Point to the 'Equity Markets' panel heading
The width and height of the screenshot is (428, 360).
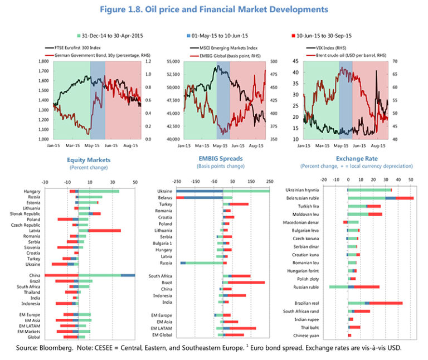point(89,160)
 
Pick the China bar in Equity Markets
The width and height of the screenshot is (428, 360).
point(89,275)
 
